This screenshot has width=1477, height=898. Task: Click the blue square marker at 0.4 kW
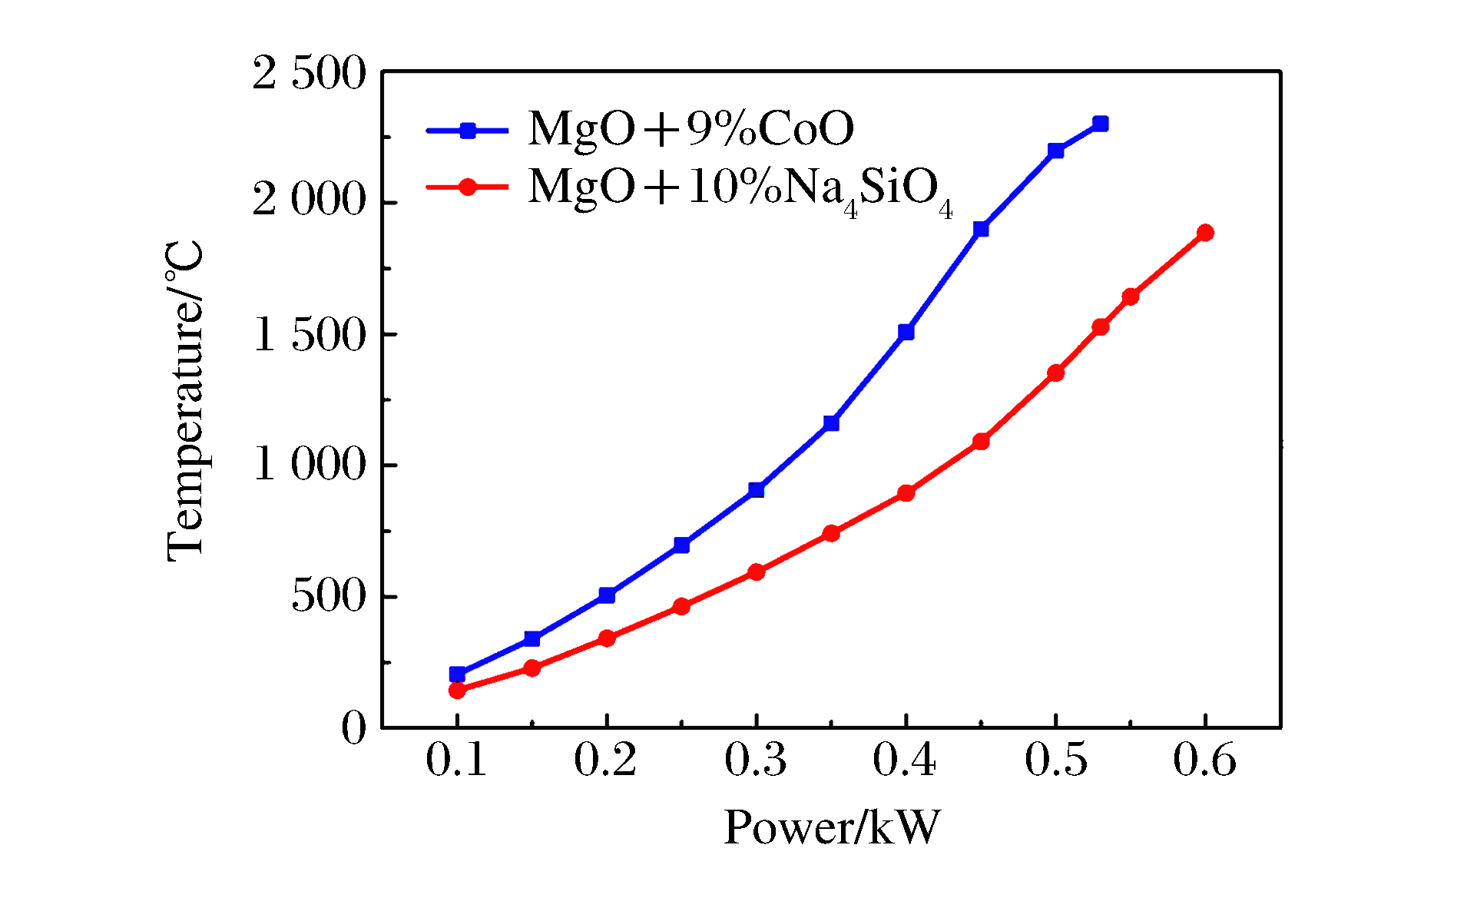[906, 332]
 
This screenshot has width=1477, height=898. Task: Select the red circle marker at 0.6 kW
[1205, 233]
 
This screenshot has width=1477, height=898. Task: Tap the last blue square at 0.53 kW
[1100, 124]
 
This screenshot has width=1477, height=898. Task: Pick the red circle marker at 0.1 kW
[457, 690]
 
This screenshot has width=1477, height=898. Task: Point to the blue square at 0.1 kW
[457, 674]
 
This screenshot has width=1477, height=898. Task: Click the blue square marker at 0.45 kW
[981, 229]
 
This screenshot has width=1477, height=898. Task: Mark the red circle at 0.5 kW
[1055, 373]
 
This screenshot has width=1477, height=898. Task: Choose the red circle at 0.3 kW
[757, 572]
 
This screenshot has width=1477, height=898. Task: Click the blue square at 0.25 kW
[681, 545]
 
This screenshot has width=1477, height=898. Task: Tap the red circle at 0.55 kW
[1130, 297]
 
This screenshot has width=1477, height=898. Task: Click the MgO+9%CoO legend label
[690, 128]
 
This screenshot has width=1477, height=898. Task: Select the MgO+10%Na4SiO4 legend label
[740, 189]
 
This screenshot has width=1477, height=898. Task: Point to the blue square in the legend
[468, 131]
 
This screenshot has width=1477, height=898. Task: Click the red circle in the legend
[468, 187]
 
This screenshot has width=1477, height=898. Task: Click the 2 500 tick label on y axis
[309, 75]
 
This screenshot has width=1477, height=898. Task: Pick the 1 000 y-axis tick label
[309, 466]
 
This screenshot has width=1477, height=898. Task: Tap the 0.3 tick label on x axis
[756, 760]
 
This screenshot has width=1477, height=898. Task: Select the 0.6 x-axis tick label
[1204, 760]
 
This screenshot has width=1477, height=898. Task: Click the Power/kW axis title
[832, 828]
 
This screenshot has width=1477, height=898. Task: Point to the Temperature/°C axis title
[185, 401]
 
